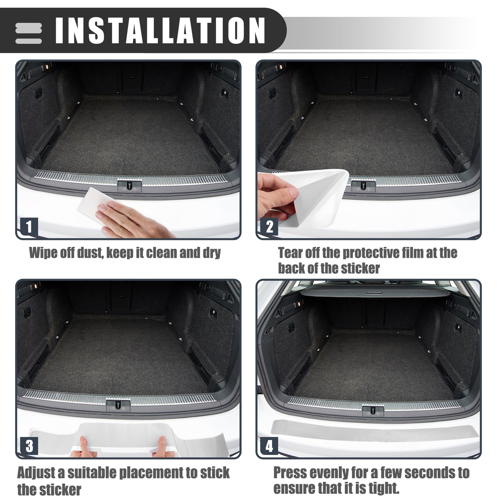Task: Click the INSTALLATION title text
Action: (160, 30)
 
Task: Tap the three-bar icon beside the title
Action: (28, 33)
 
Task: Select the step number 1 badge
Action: (29, 227)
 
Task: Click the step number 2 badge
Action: (269, 227)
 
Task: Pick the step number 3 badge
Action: (29, 446)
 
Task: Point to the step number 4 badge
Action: (269, 446)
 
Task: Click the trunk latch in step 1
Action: (130, 185)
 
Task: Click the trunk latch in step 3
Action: (118, 405)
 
